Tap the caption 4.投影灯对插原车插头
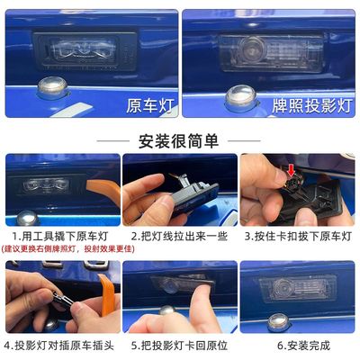(59, 344)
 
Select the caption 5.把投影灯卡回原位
(179, 344)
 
